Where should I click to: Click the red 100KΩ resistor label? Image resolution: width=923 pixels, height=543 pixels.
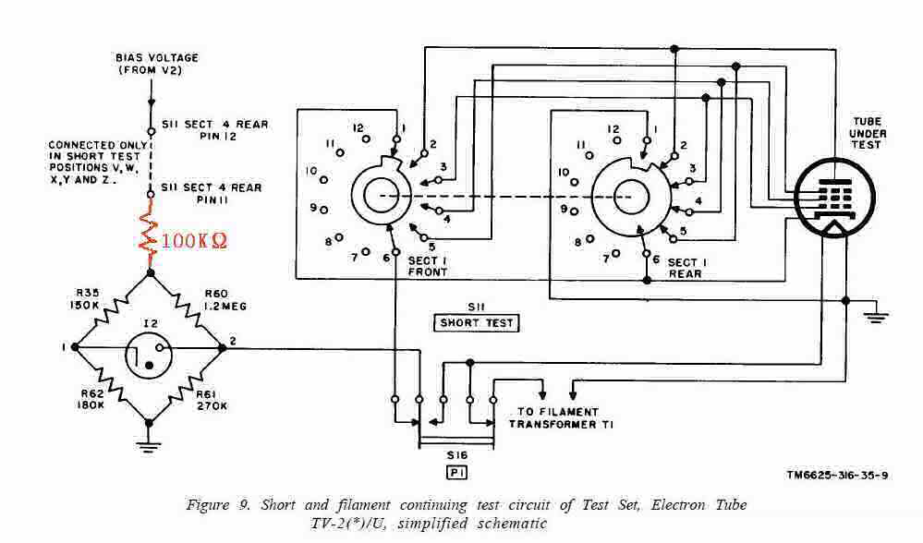coord(194,241)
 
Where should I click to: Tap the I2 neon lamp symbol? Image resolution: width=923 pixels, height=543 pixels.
coord(148,349)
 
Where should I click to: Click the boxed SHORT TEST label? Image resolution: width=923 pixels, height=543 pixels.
coord(478,322)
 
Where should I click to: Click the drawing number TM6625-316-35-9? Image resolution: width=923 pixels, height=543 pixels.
coord(836,476)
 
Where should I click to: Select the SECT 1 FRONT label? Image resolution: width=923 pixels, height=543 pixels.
coord(427,266)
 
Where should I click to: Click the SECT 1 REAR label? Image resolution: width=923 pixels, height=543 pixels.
coord(684,268)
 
